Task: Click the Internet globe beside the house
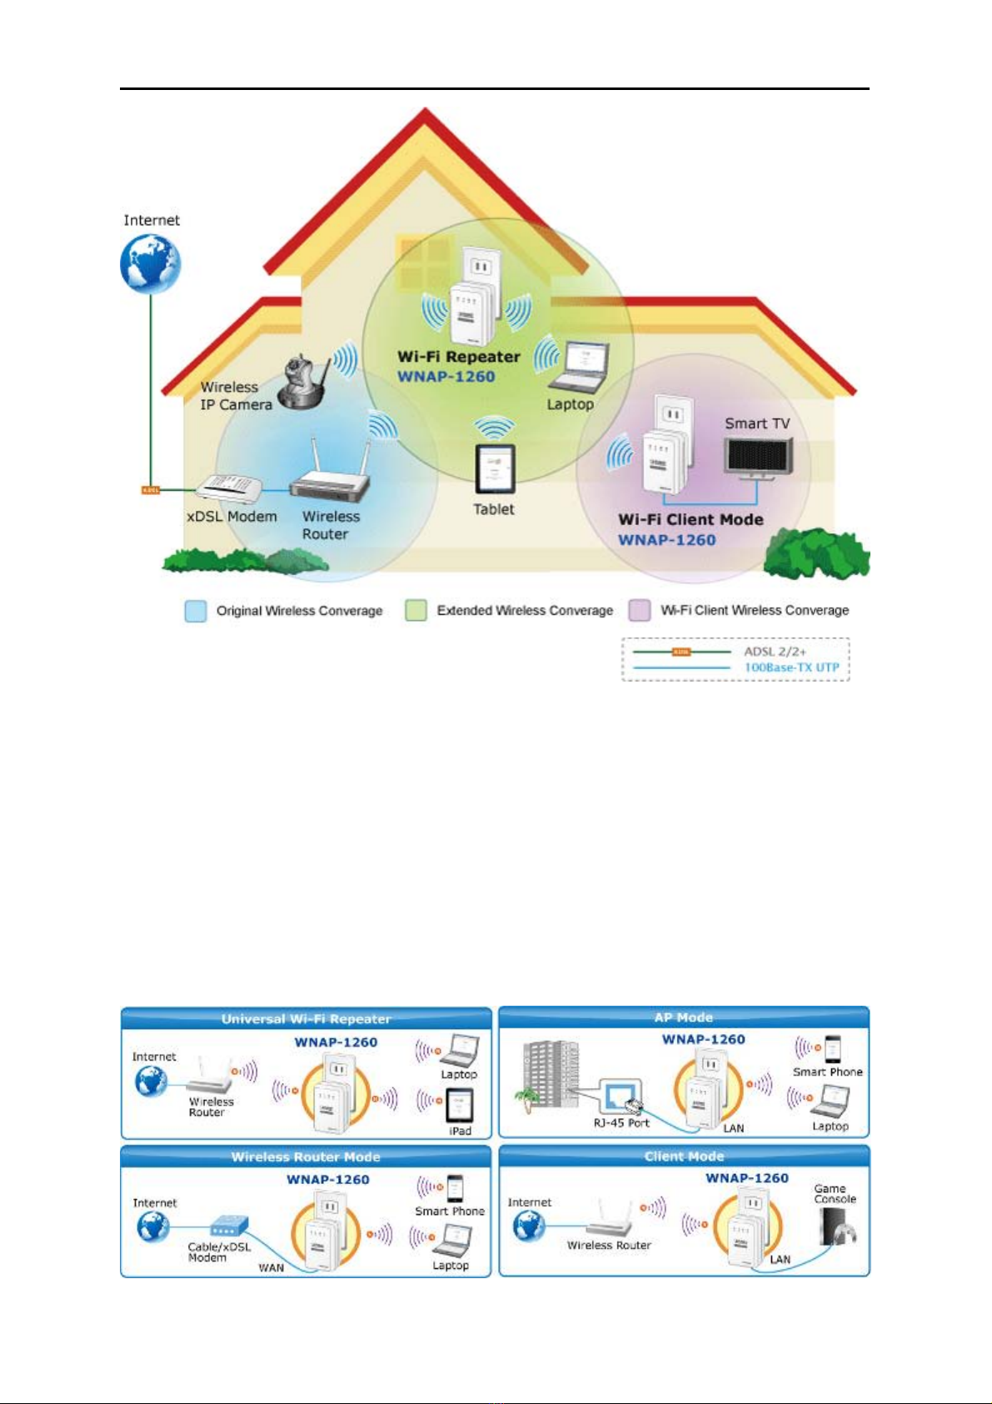coord(151,264)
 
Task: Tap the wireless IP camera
coord(304,382)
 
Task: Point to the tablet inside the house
coord(495,469)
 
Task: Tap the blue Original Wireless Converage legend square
coord(196,611)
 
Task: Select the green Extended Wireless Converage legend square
coord(416,611)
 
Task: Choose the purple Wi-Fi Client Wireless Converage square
coord(639,611)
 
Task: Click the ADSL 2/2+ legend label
coord(775,652)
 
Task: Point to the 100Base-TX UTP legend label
coord(791,667)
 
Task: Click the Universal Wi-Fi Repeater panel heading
coord(306,1019)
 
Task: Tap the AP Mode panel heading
coord(684,1017)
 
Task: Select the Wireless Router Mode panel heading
coord(306,1157)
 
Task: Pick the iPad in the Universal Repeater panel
coord(459,1106)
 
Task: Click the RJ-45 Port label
coord(621,1122)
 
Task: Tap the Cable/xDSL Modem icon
coord(229,1226)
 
